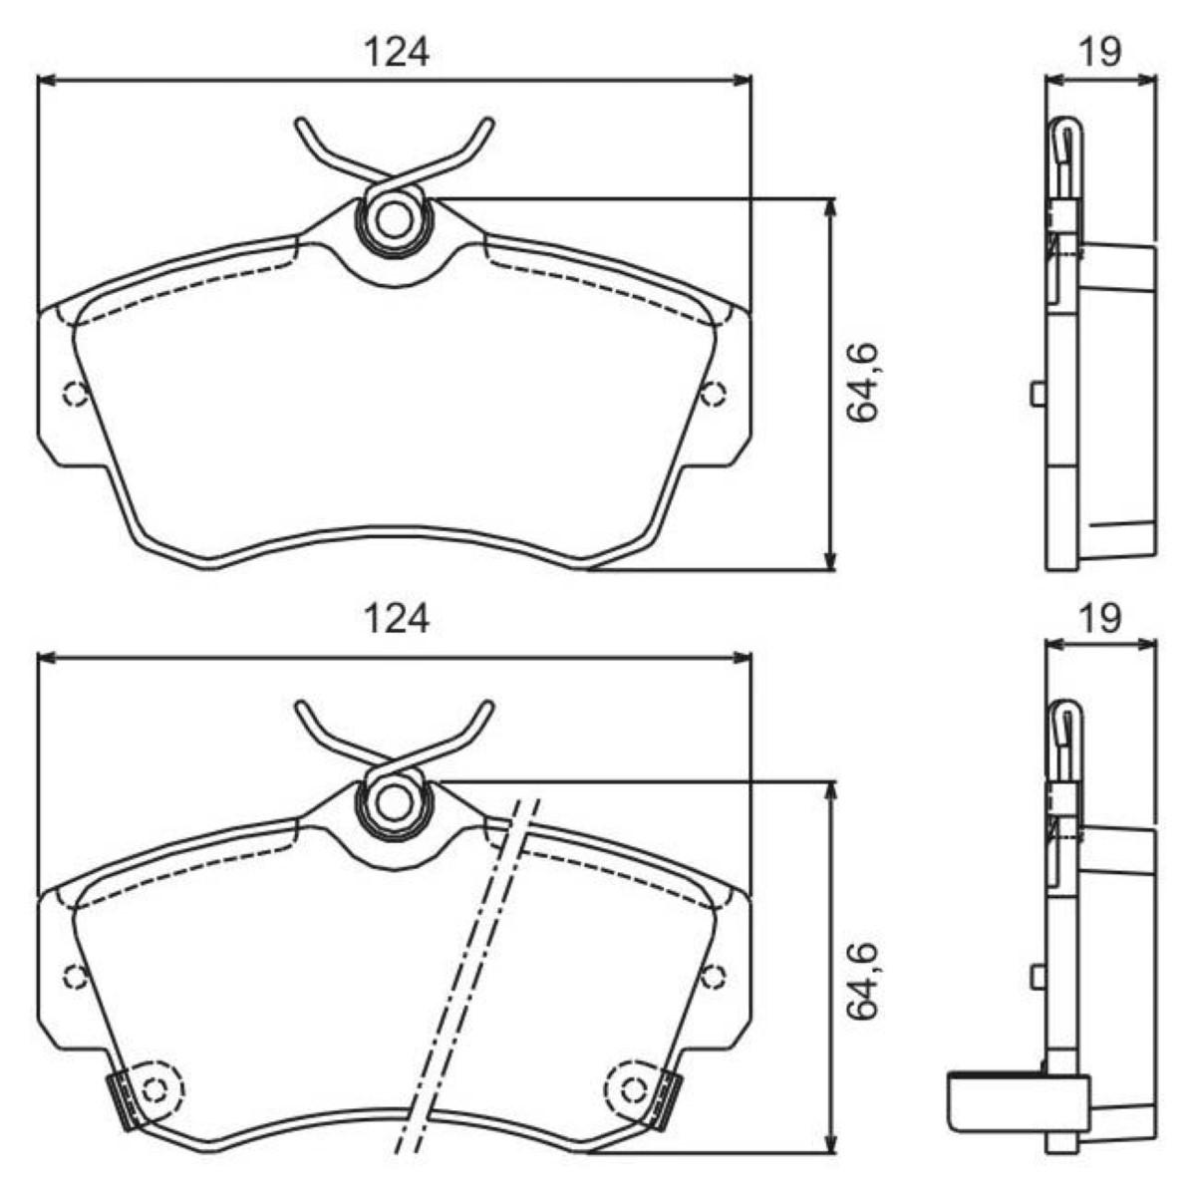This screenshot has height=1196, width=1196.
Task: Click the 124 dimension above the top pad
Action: tap(396, 52)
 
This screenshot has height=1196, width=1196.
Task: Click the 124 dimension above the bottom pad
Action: tap(396, 619)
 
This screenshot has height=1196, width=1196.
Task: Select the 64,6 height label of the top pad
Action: tap(863, 383)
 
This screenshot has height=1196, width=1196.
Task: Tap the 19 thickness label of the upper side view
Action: tap(1100, 51)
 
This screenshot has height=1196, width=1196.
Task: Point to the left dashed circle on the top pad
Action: tap(75, 395)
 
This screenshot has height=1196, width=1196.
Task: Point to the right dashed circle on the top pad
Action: tap(712, 395)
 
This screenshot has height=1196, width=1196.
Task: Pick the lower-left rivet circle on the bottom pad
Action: tap(153, 1088)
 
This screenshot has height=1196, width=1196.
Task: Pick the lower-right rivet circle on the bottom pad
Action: tap(634, 1088)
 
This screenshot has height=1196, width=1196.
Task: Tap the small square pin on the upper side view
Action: tap(1038, 394)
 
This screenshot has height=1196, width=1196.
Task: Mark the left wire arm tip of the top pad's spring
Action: tap(301, 125)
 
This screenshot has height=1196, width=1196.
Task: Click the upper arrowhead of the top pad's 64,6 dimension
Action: tap(829, 205)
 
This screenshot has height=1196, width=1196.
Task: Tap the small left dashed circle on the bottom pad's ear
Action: tap(75, 977)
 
